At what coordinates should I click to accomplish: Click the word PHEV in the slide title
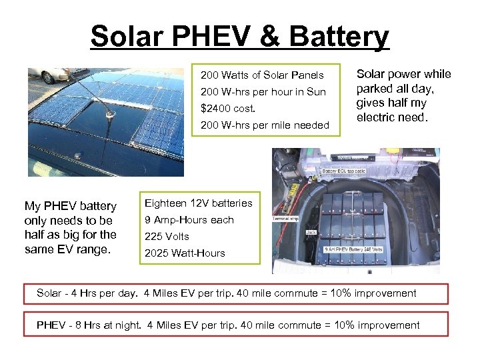click(x=211, y=37)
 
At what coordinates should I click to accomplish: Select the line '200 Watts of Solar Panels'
click(x=262, y=75)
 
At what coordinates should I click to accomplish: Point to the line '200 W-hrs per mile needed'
click(x=265, y=125)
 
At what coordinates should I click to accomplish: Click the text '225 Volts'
click(x=167, y=236)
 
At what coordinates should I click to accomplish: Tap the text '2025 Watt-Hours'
click(x=185, y=253)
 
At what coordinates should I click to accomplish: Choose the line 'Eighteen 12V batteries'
click(x=198, y=203)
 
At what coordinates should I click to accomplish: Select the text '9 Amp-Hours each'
click(x=189, y=219)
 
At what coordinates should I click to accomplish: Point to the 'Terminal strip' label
click(x=289, y=218)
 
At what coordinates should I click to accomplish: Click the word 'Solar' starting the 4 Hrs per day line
click(x=49, y=293)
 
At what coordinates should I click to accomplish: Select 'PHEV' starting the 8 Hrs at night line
click(x=51, y=325)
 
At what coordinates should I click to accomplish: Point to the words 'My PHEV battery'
click(x=70, y=206)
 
